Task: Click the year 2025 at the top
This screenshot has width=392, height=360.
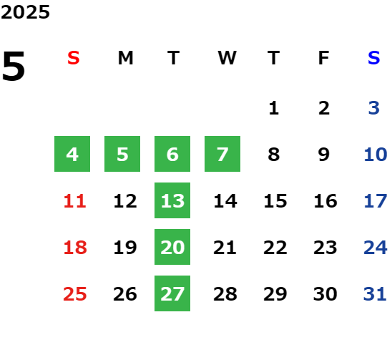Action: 25,12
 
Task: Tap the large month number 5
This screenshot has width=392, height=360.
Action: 14,66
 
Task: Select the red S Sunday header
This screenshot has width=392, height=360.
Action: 74,58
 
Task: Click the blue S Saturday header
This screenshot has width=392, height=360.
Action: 374,58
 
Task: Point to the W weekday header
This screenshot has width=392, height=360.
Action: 227,58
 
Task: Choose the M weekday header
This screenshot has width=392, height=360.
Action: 125,58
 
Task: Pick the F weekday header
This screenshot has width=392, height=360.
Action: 324,58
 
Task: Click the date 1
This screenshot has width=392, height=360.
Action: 274,108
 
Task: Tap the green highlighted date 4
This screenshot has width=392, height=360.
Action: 72,154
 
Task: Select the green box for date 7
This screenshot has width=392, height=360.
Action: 222,154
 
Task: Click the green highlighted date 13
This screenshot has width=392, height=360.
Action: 172,200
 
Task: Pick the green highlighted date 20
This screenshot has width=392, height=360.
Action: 172,247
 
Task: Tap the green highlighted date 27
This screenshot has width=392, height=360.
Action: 172,293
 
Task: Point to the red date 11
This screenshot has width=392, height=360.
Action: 74,201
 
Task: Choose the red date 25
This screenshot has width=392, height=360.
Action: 74,294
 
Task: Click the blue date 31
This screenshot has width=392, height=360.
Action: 375,294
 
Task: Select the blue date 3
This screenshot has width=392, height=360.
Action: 374,108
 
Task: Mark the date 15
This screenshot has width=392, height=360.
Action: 275,201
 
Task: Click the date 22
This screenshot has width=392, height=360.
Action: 275,248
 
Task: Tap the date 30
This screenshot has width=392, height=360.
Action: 325,294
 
